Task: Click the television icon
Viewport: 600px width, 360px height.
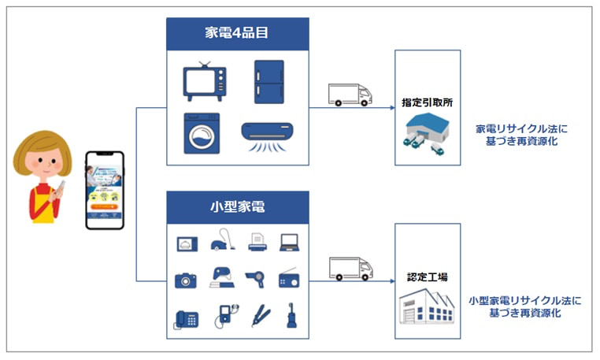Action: (207, 80)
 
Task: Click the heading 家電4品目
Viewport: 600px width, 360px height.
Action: (237, 34)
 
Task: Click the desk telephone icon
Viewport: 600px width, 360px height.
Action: (187, 318)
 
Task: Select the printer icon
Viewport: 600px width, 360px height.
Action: (256, 242)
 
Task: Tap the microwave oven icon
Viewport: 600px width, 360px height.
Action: (187, 243)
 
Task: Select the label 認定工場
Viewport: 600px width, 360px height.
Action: (427, 278)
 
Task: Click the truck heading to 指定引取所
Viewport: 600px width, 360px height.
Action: (350, 95)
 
